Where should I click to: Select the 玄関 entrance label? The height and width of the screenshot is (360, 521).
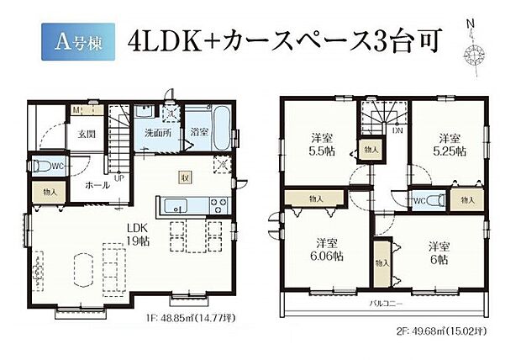click(87, 134)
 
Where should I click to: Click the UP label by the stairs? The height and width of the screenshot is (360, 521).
click(119, 177)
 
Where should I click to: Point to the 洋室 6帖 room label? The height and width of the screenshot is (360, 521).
click(437, 252)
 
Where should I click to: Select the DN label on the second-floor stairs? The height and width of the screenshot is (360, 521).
click(395, 133)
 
